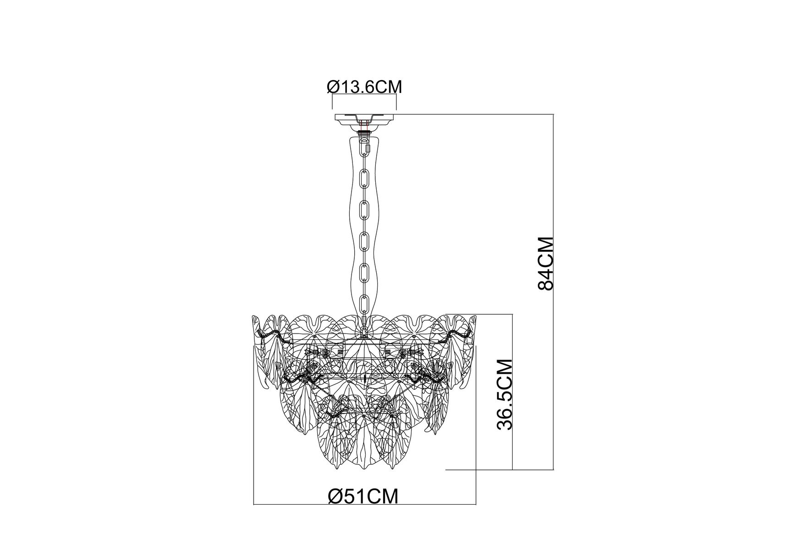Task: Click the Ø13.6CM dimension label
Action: [x=364, y=87]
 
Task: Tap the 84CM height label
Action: [x=546, y=264]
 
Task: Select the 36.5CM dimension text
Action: [x=505, y=394]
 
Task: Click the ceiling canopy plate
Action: [x=364, y=121]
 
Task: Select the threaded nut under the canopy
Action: [x=364, y=133]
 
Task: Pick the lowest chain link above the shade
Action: [x=365, y=304]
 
